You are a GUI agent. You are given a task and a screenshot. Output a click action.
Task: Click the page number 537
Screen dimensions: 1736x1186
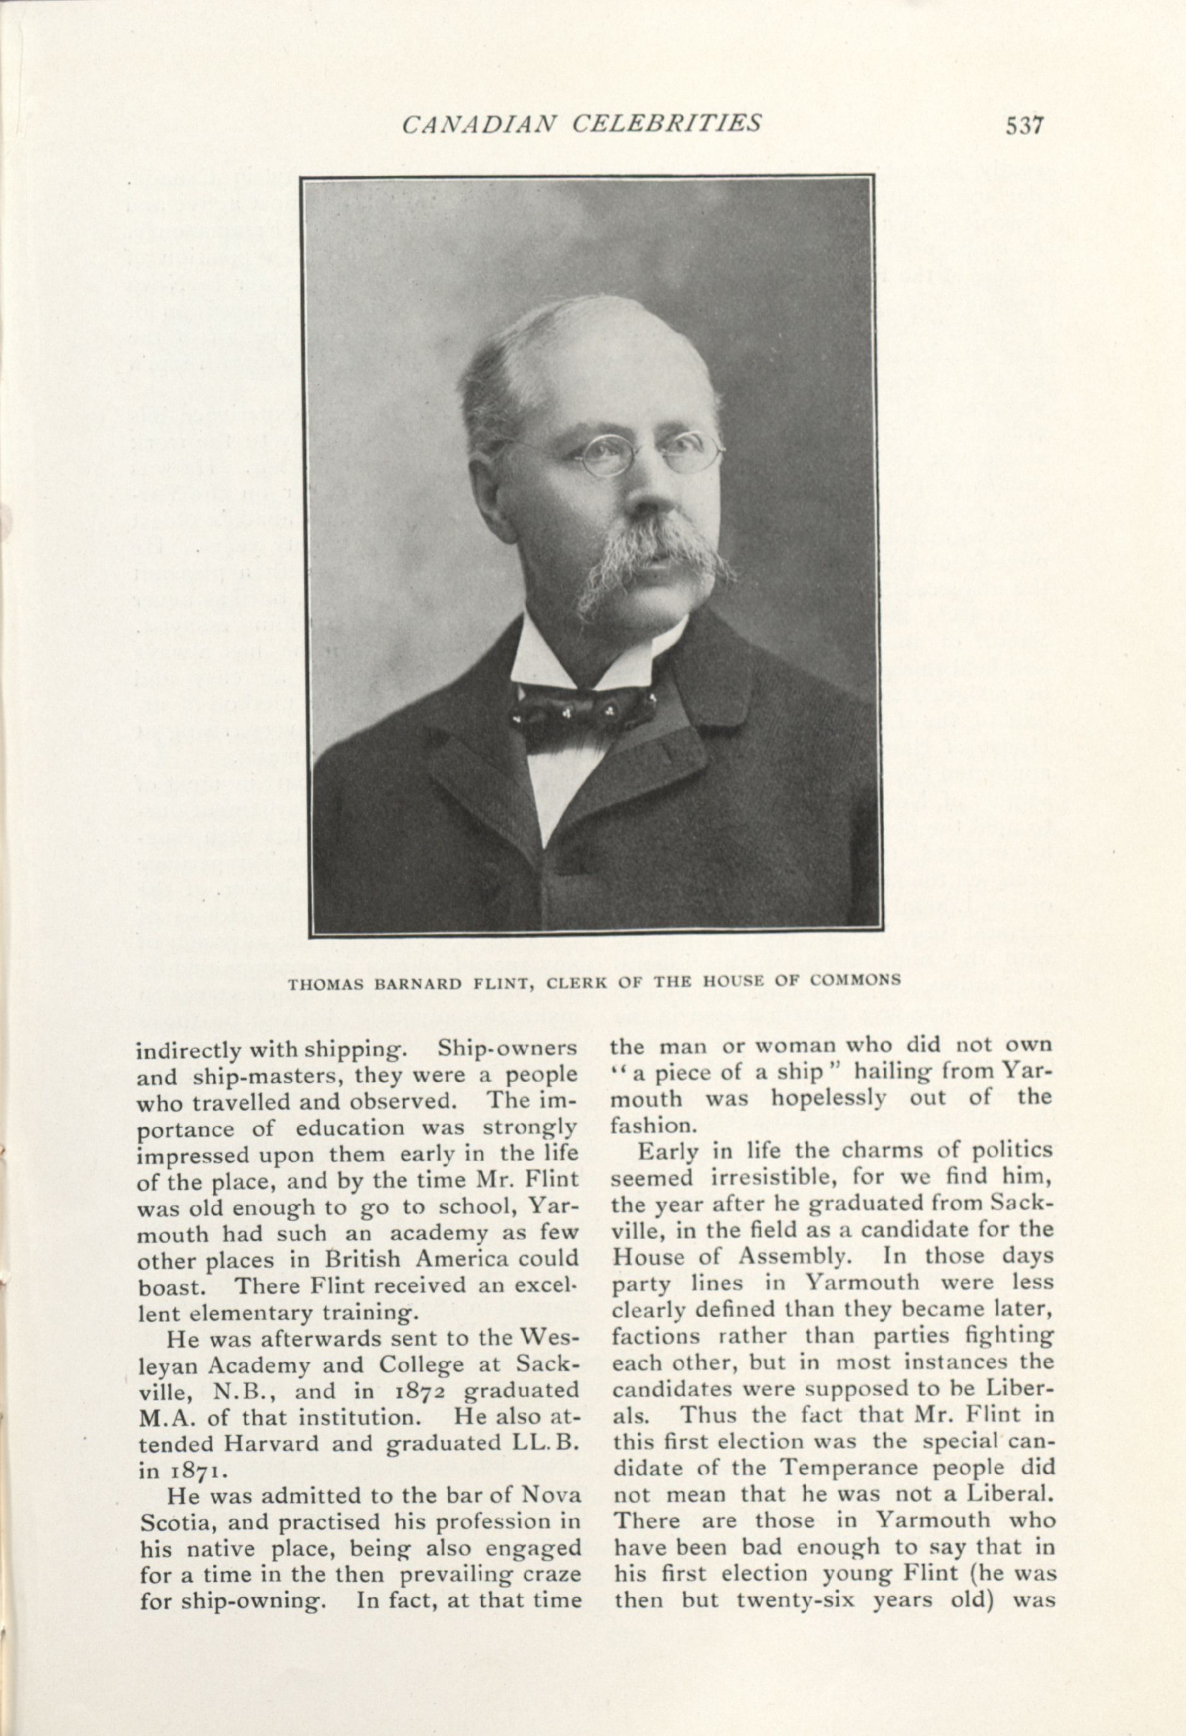pos(1022,124)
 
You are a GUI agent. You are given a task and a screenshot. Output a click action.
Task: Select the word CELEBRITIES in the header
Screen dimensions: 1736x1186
pos(666,123)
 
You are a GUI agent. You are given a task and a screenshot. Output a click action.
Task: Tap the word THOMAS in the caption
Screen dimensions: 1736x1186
pos(326,982)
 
